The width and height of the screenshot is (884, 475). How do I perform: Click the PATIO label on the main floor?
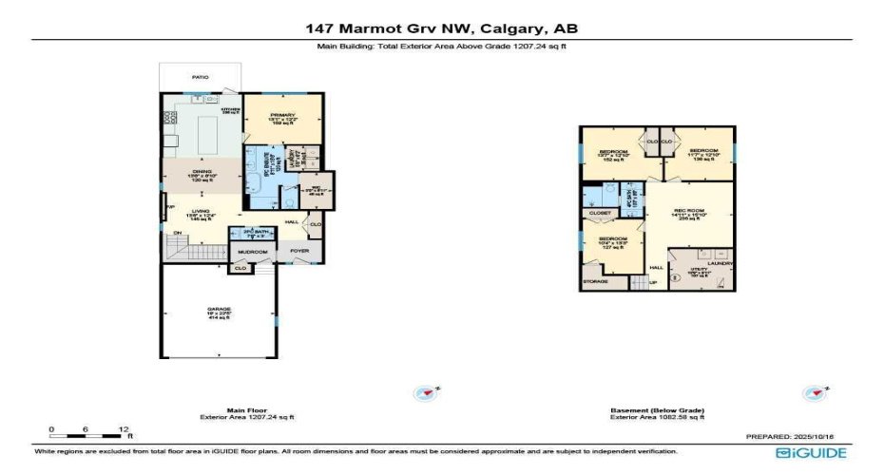[200, 77]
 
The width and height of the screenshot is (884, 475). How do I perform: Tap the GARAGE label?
[219, 309]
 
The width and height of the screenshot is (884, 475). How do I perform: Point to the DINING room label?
[201, 172]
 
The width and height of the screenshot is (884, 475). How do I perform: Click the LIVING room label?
[201, 212]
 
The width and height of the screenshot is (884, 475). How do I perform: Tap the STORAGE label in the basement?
[595, 282]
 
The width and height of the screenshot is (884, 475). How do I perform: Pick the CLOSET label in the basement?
[600, 213]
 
